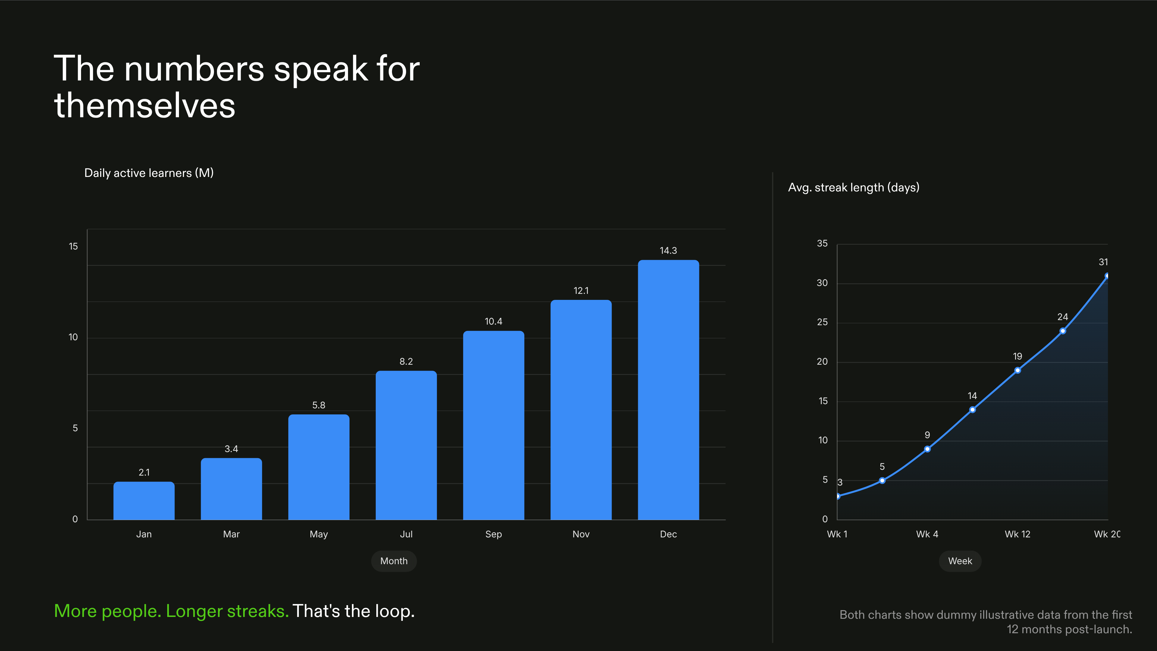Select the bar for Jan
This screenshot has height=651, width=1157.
[144, 501]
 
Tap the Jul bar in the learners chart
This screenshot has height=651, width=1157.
[406, 445]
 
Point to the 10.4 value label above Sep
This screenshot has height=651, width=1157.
[493, 321]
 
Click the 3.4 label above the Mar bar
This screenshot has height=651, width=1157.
[231, 449]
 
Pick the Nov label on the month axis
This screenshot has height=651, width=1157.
[581, 534]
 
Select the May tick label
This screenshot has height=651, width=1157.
[318, 534]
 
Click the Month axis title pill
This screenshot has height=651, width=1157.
[394, 561]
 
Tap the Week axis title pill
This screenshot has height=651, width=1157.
[960, 561]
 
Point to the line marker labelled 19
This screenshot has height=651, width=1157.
[1017, 370]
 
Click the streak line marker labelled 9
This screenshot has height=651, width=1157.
[927, 449]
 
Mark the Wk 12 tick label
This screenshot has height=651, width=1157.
[1017, 534]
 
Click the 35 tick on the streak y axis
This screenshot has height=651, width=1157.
[822, 244]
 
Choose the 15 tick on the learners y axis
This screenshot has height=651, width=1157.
[73, 246]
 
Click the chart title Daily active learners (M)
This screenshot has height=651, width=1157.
[149, 173]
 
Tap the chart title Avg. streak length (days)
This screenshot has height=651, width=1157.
[853, 187]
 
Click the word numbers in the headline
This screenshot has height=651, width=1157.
[194, 69]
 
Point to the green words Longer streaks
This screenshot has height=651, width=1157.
[227, 611]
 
